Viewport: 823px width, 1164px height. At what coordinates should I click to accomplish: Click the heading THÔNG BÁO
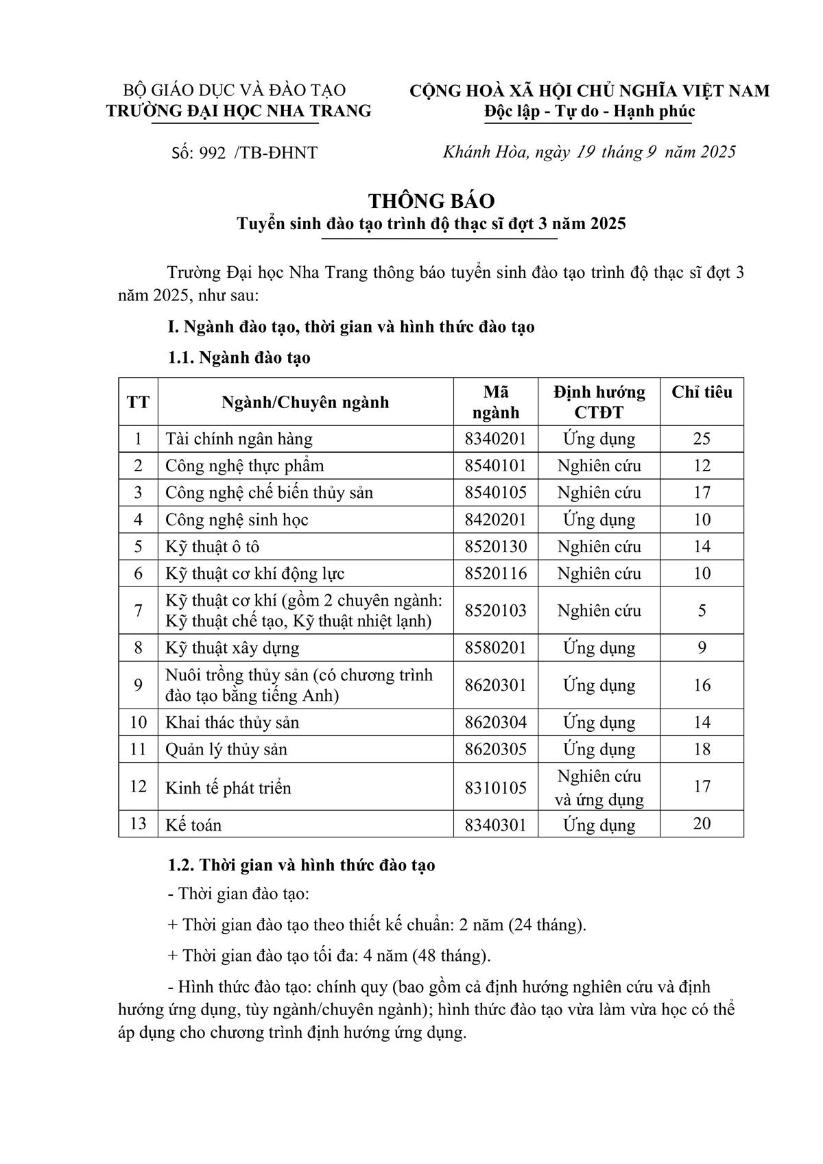[x=431, y=201]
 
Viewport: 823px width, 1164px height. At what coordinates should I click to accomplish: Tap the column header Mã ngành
[x=495, y=402]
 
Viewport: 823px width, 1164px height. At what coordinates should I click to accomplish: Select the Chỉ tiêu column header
[x=701, y=392]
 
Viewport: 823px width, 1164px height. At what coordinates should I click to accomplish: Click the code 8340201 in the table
[x=495, y=439]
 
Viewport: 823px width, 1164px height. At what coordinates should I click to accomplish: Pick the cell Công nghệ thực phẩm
[x=244, y=466]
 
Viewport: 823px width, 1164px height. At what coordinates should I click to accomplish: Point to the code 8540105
[x=495, y=492]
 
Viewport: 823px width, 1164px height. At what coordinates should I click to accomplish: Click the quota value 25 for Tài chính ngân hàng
[x=701, y=439]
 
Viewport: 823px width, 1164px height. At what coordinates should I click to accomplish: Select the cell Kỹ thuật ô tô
[x=212, y=547]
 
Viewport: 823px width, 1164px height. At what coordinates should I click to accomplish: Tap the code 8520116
[x=495, y=573]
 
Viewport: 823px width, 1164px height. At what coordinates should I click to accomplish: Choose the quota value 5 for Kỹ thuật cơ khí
[x=701, y=610]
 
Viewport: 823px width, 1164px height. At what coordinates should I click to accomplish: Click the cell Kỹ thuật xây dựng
[x=232, y=648]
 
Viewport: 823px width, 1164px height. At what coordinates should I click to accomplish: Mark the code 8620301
[x=495, y=685]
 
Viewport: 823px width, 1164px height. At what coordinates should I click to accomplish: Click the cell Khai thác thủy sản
[x=232, y=722]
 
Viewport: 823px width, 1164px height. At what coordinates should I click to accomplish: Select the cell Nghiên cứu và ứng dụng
[x=599, y=787]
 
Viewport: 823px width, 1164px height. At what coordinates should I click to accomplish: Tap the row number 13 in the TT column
[x=138, y=824]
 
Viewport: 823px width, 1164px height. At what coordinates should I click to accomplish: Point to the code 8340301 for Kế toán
[x=495, y=824]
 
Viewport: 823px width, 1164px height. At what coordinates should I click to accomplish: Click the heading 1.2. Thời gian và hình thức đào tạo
[x=302, y=865]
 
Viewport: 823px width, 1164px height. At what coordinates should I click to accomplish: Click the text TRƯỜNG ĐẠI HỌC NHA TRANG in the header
[x=239, y=111]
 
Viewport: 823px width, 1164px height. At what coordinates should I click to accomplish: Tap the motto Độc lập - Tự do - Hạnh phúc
[x=589, y=111]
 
